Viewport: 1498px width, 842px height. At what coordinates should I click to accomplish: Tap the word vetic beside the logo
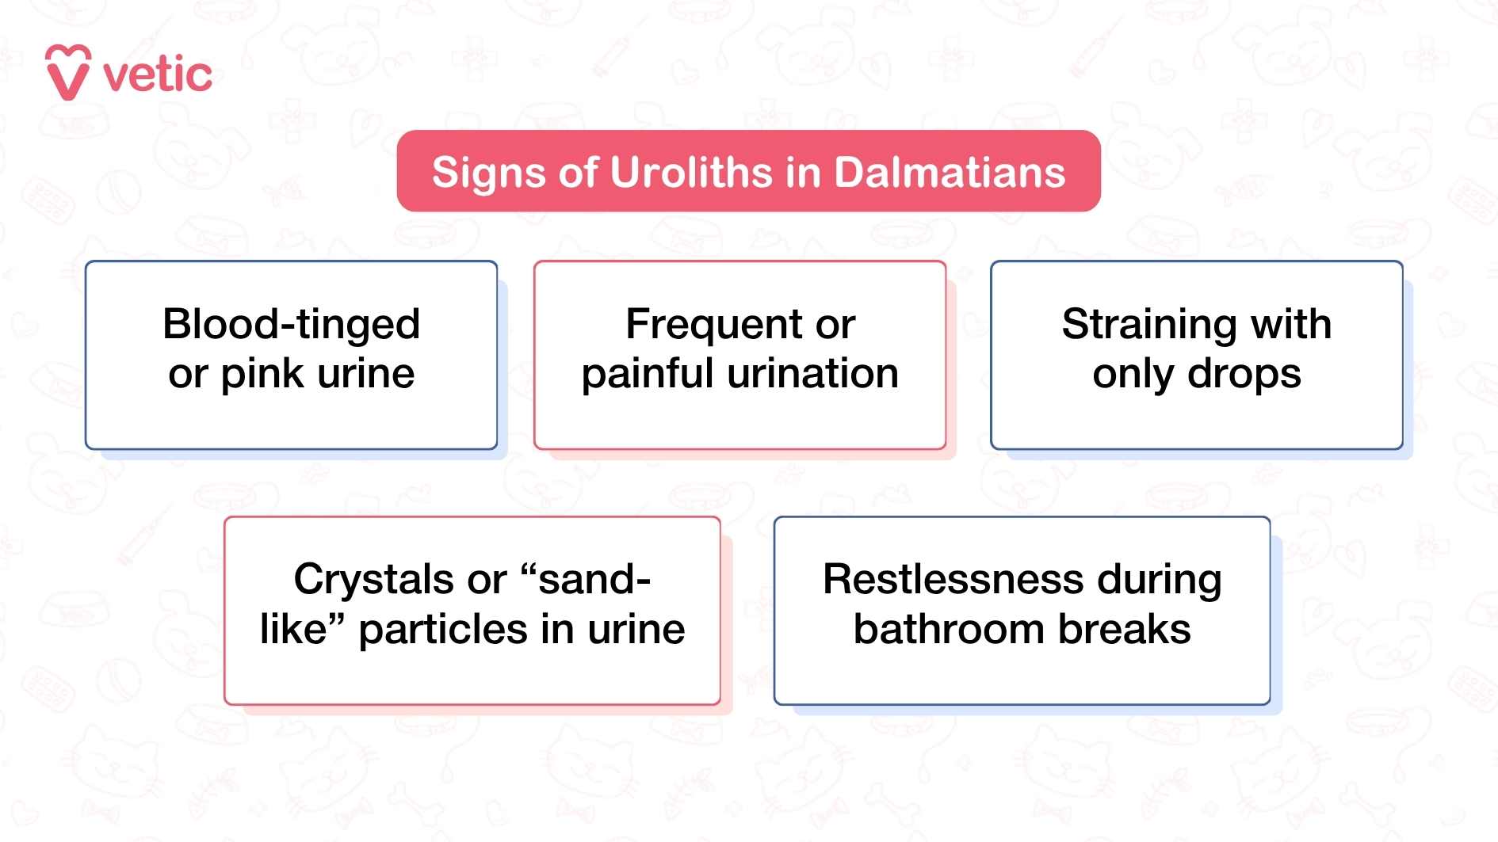point(158,76)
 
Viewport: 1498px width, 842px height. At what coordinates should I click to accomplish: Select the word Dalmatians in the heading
point(949,173)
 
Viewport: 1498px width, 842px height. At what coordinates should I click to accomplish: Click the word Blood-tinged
point(291,324)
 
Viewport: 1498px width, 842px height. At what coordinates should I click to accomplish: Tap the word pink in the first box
point(262,374)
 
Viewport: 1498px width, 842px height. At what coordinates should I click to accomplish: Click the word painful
point(647,374)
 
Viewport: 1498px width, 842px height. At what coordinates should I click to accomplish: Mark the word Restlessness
point(953,579)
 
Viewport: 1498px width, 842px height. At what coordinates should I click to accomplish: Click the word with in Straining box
point(1291,324)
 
